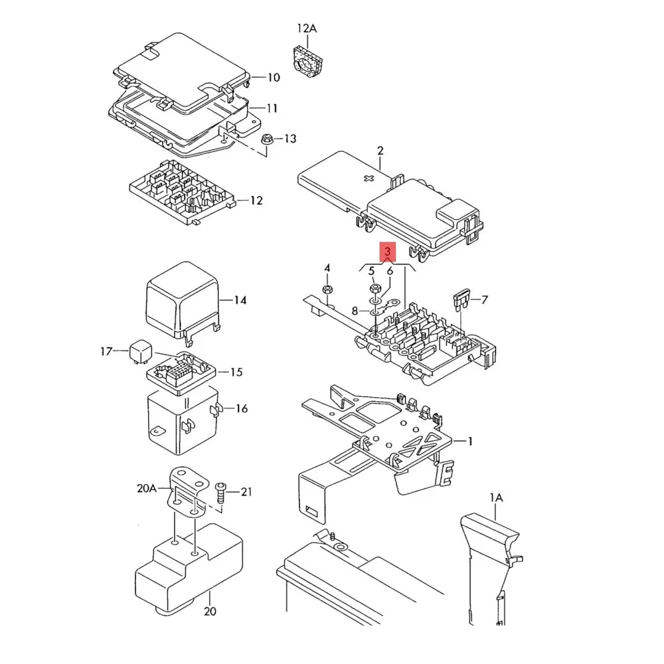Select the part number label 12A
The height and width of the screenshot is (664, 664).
(307, 29)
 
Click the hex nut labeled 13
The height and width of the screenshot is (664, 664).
(266, 139)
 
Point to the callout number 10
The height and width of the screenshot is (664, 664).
(273, 78)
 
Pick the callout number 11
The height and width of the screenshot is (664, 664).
(272, 108)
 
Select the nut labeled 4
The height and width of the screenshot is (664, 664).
(327, 290)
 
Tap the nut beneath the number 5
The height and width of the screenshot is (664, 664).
(373, 289)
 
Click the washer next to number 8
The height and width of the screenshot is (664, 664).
(375, 310)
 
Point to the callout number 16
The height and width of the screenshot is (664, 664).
(241, 408)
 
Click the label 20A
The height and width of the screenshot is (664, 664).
(146, 488)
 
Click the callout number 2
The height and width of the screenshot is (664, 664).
(380, 150)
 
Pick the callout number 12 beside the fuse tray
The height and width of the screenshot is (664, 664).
(256, 201)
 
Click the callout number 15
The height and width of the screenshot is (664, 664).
(236, 372)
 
